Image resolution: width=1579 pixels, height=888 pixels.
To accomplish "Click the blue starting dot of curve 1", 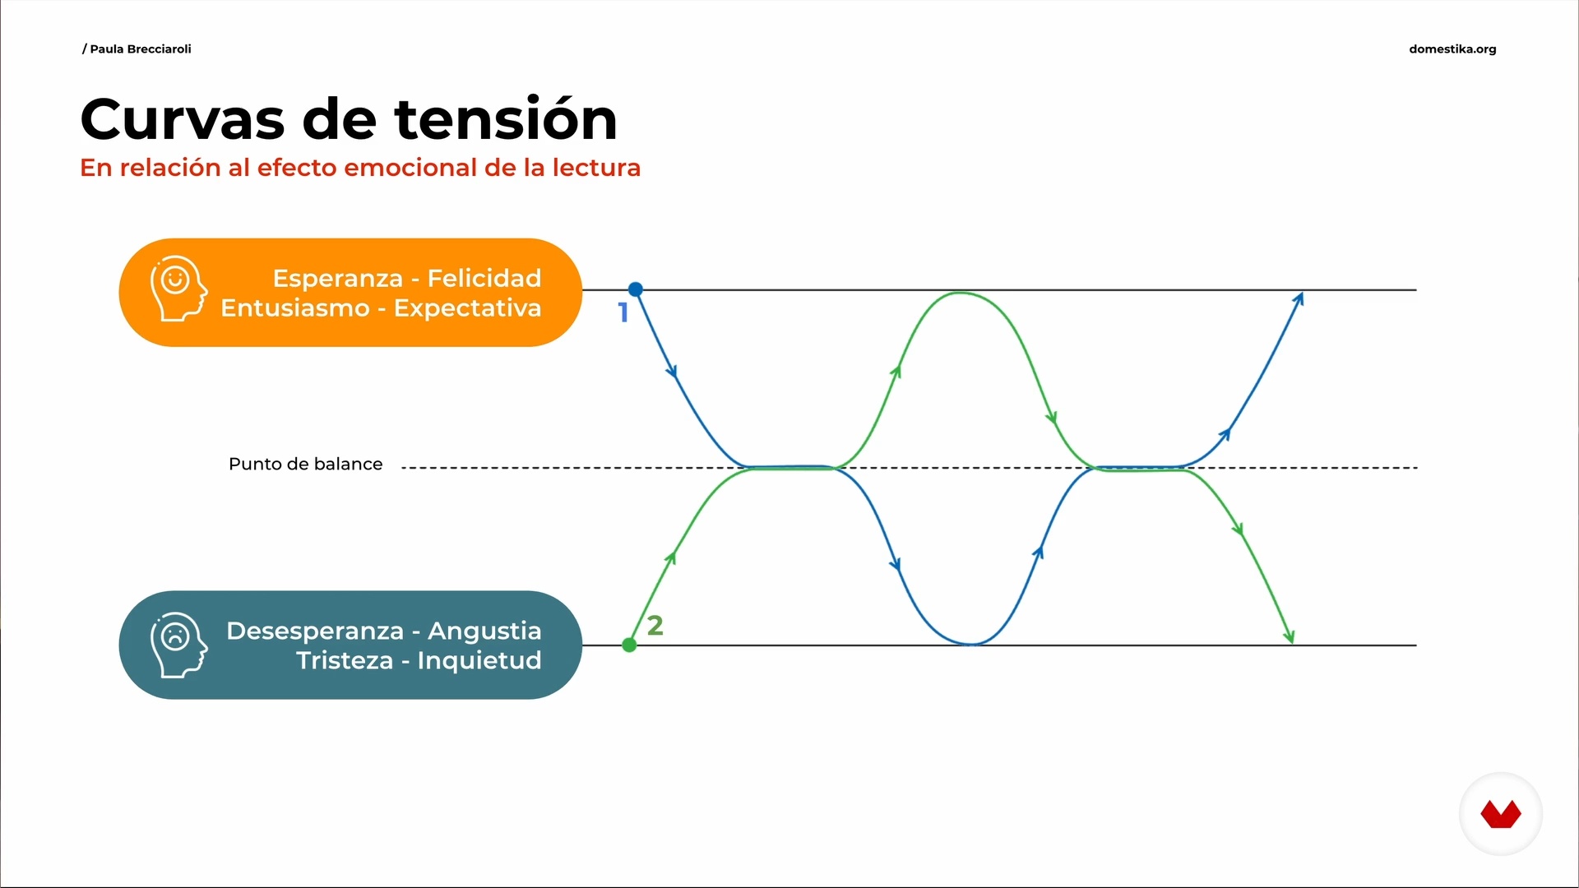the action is (636, 289).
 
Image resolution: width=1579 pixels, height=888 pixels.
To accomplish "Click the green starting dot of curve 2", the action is (630, 645).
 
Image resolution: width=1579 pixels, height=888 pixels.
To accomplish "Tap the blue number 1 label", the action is (623, 312).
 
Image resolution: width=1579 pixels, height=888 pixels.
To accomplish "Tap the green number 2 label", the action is (655, 626).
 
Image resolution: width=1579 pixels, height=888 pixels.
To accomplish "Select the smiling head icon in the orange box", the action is (178, 289).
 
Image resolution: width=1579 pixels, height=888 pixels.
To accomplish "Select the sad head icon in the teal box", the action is (178, 645).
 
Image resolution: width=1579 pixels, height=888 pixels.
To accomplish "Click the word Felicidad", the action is (484, 278).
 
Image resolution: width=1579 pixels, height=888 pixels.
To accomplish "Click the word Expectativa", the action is (468, 308).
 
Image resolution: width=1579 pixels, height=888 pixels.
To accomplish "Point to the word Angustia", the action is (484, 631).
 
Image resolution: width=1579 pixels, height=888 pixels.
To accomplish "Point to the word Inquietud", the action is (479, 660).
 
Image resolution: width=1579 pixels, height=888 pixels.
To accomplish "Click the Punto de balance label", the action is (306, 464).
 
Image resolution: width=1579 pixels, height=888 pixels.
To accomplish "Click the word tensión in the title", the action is (507, 119).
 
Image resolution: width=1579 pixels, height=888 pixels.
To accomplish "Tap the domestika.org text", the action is (1452, 49).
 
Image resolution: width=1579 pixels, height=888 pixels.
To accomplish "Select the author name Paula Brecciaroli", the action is (141, 49).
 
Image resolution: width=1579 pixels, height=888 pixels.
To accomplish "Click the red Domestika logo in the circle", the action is (1501, 814).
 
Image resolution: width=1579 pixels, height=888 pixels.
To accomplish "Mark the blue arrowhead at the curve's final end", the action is (1298, 299).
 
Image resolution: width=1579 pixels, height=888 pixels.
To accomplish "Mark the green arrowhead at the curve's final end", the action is (1289, 636).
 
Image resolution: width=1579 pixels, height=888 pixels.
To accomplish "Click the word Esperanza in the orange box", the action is (338, 279).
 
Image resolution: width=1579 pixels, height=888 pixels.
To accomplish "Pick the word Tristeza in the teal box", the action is (345, 660).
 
